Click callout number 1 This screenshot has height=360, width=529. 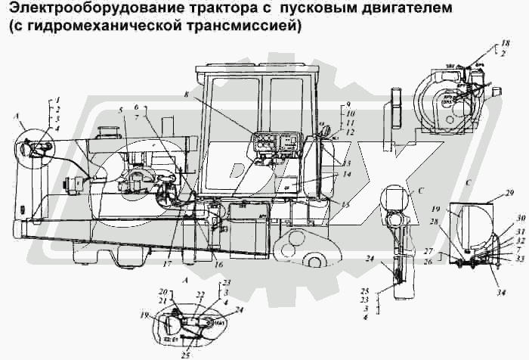(x=57, y=99)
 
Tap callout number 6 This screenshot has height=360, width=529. (x=136, y=107)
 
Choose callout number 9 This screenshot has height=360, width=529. (x=348, y=103)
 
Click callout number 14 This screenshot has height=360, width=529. (x=347, y=174)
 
